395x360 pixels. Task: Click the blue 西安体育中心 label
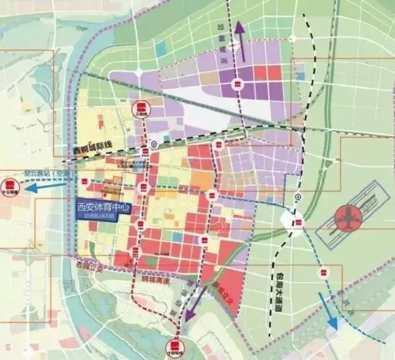click(x=101, y=208)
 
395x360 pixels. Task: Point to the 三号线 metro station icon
click(x=143, y=107)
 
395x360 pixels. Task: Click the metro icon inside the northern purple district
click(x=236, y=84)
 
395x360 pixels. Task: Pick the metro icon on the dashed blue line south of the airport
click(x=322, y=270)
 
